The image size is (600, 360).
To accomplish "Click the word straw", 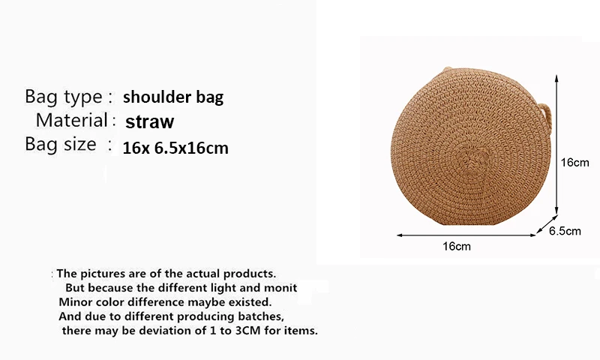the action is point(149,121).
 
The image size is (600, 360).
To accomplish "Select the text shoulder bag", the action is point(173,97).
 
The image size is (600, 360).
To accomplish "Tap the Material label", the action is point(71,120).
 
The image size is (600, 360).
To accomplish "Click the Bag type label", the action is point(64,97).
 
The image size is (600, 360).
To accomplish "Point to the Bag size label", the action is point(61,145).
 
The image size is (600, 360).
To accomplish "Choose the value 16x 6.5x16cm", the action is point(175,148).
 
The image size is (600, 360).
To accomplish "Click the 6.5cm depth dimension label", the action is point(565,231).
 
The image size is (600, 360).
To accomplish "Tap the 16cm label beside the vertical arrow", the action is point(574,163).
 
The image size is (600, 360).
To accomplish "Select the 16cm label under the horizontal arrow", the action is point(457,247).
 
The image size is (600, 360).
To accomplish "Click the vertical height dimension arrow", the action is point(556,145).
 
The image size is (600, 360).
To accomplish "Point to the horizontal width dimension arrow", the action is point(466,235).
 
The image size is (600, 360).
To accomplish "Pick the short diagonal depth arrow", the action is point(547,224).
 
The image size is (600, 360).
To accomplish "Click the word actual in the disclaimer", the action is point(202,274).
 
